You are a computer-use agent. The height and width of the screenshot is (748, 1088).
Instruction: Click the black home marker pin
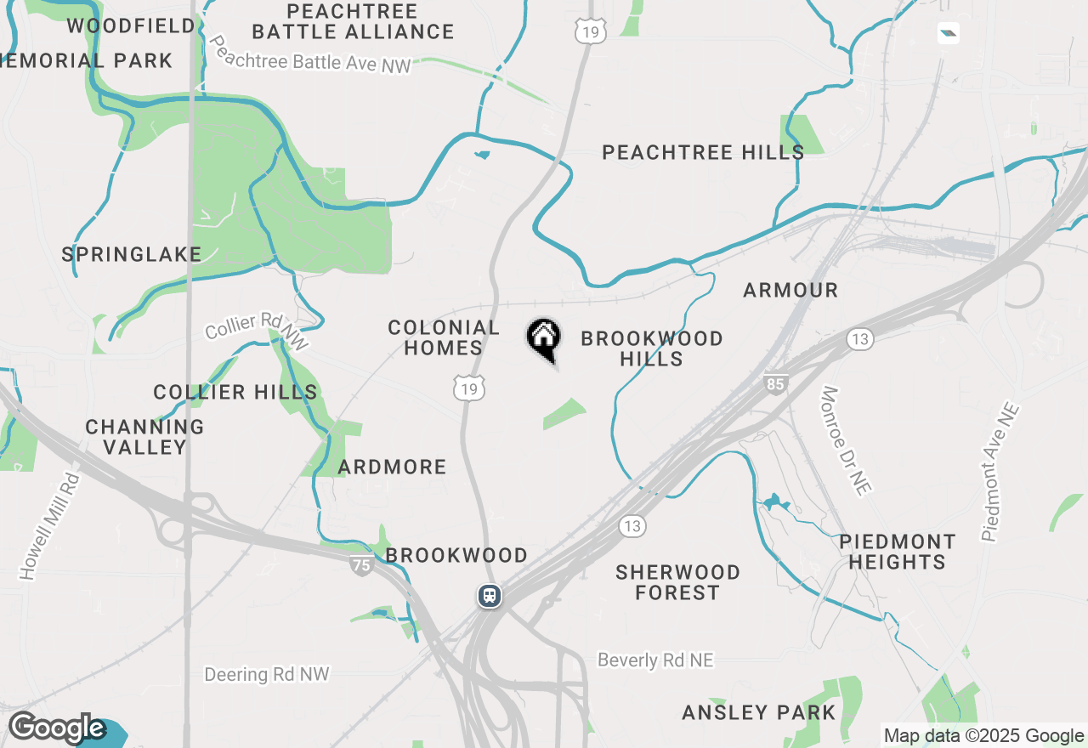click(543, 337)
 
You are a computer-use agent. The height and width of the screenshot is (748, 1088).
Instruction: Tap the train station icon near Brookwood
click(489, 595)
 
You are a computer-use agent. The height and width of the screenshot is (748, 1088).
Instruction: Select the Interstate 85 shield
click(775, 383)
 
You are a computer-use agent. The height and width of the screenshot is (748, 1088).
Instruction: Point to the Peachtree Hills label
click(703, 153)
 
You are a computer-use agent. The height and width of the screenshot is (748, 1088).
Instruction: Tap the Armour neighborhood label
click(790, 291)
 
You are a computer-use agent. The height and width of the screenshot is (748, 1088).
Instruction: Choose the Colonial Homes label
click(443, 337)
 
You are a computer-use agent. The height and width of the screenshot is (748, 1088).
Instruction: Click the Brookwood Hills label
click(652, 348)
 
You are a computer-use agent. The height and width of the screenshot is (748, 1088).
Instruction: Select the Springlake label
click(132, 254)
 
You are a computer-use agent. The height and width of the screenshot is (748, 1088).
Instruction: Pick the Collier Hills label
click(235, 392)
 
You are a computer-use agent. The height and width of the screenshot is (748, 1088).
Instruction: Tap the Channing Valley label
click(144, 437)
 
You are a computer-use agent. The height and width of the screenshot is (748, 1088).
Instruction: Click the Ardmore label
click(392, 467)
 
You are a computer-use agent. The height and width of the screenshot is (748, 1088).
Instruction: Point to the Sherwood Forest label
click(677, 582)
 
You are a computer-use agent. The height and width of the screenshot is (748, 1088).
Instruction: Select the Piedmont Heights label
click(897, 552)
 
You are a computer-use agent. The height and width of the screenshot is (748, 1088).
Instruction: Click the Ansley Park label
click(759, 712)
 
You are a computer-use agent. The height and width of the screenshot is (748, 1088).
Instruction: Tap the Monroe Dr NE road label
click(847, 442)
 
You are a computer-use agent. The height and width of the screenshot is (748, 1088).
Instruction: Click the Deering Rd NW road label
click(266, 675)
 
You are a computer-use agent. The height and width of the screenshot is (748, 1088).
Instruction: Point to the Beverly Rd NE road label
click(655, 660)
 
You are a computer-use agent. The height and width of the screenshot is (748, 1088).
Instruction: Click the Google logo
click(57, 728)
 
